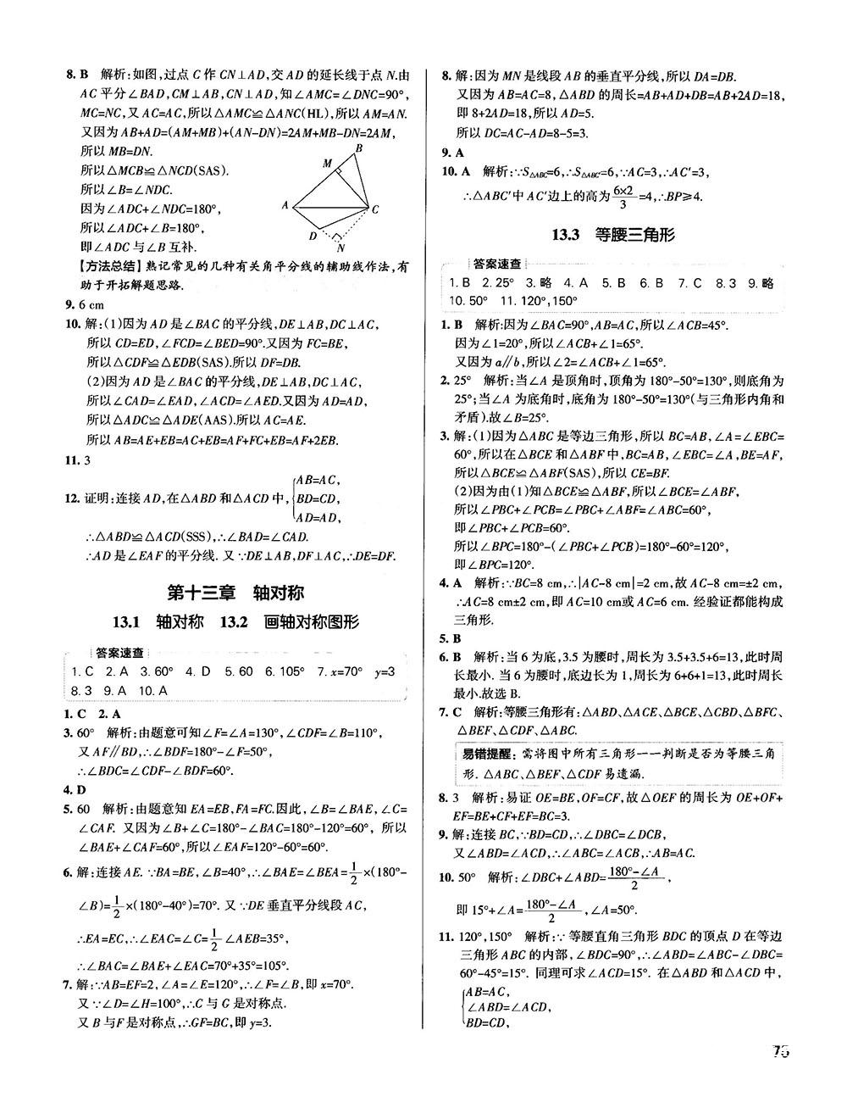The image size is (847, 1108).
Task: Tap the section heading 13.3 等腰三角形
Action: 613,235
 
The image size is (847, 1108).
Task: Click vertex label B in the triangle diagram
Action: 358,148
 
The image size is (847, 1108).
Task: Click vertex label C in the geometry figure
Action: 374,209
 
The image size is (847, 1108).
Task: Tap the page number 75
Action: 780,1052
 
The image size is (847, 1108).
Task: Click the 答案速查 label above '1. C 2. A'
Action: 119,653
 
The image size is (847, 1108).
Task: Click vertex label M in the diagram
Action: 327,164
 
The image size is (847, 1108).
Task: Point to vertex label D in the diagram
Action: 313,237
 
